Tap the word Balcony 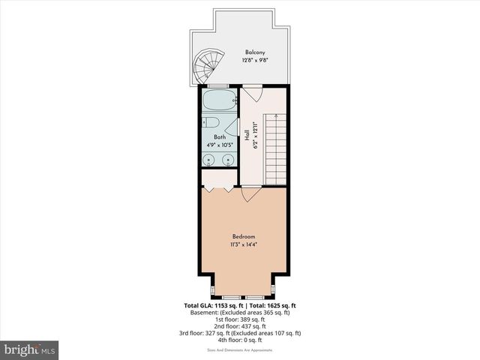click(253, 52)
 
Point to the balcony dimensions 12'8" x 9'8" click(253, 60)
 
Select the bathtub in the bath click(219, 101)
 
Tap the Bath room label click(219, 137)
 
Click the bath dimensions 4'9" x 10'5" click(219, 145)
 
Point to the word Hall click(247, 136)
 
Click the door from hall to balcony click(252, 94)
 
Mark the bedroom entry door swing click(251, 193)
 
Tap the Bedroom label click(243, 237)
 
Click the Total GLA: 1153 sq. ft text click(213, 306)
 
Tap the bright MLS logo click(30, 349)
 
